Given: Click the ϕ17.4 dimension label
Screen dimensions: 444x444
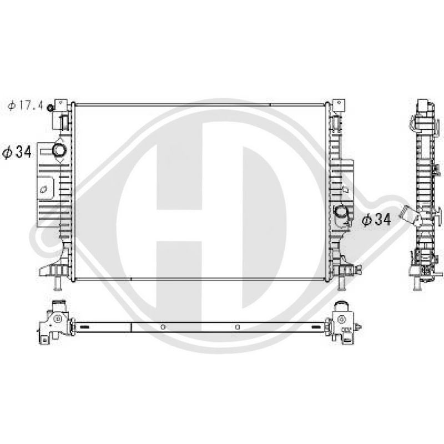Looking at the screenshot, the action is pos(25,105).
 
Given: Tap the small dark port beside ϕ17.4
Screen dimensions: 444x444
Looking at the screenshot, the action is pos(51,108).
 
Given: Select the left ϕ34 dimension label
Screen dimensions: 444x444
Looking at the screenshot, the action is pos(17,152).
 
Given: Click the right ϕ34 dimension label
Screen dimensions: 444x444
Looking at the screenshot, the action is pos(376,219).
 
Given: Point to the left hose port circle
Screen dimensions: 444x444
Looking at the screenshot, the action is pos(59,150).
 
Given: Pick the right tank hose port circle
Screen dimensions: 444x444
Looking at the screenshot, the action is pos(340,211).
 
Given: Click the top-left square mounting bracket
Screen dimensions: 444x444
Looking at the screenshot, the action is pos(61,105).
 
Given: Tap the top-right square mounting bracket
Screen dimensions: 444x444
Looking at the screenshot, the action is pos(339,105).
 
